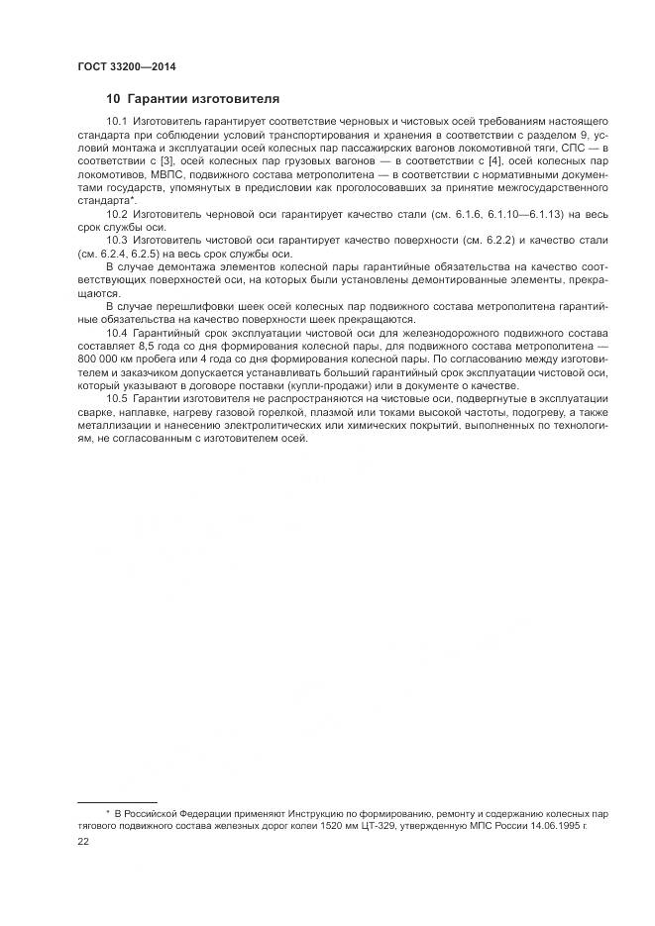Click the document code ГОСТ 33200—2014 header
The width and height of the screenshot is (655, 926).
point(119,67)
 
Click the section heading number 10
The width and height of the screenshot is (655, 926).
point(112,99)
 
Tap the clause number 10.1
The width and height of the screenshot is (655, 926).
point(116,121)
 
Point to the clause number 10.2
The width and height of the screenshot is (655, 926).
point(116,214)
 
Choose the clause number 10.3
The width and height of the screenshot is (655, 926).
point(116,241)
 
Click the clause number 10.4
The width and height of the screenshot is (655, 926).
point(116,334)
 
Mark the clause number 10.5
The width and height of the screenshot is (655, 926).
point(116,399)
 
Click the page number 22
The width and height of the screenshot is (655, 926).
point(83,841)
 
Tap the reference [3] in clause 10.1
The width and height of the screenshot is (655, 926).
point(170,160)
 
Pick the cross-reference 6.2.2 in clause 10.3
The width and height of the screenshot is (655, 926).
point(485,241)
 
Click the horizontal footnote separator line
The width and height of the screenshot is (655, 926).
point(117,802)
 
